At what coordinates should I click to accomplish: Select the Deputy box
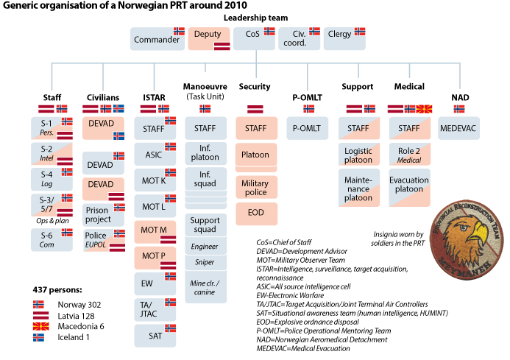[210, 38]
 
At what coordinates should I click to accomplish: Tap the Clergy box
[344, 39]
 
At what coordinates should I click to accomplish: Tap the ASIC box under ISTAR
[155, 154]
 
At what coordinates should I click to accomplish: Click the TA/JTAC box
[155, 311]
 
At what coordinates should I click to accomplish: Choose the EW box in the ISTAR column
[155, 283]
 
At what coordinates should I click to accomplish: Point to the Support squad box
[205, 225]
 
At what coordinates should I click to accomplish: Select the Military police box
[256, 187]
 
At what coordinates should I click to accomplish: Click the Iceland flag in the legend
[39, 338]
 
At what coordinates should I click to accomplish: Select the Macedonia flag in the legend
[39, 327]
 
